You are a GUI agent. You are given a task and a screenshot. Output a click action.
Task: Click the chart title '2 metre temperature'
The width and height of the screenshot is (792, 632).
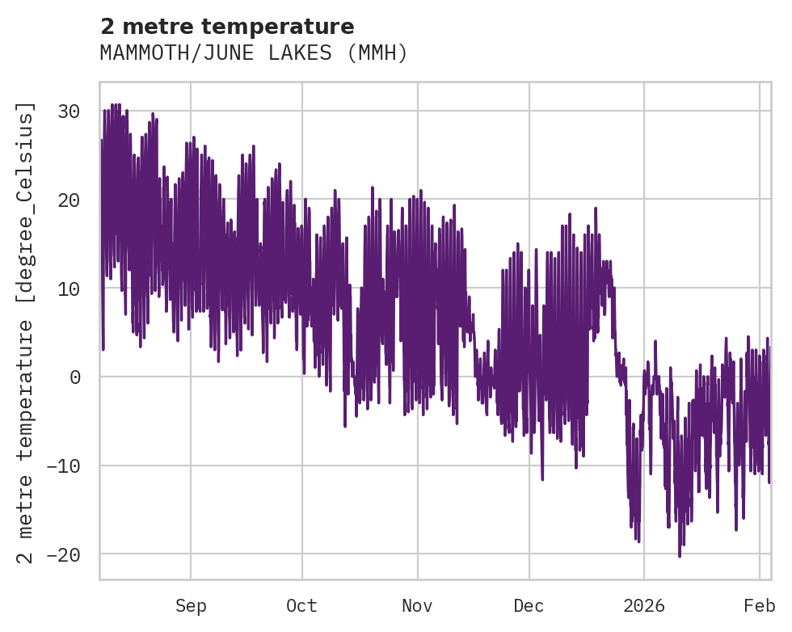pyautogui.click(x=227, y=27)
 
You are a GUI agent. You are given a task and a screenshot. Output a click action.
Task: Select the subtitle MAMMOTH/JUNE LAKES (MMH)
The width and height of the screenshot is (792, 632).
pyautogui.click(x=254, y=53)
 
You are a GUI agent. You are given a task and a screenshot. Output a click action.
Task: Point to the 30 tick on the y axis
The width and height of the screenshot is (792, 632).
pyautogui.click(x=69, y=111)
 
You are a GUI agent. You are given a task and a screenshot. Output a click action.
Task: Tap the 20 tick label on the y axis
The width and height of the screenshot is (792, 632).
pyautogui.click(x=69, y=200)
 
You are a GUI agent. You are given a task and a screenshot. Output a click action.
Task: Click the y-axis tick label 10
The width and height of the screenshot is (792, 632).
pyautogui.click(x=69, y=289)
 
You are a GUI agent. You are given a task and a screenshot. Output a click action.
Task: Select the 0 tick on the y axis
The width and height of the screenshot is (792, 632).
pyautogui.click(x=74, y=377)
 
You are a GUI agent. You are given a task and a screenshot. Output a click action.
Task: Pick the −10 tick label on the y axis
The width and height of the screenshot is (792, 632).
pyautogui.click(x=64, y=466)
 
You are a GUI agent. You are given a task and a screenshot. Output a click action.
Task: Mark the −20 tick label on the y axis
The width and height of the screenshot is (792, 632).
pyautogui.click(x=64, y=554)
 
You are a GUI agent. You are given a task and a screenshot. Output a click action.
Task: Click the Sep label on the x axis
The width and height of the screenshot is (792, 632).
pyautogui.click(x=191, y=606)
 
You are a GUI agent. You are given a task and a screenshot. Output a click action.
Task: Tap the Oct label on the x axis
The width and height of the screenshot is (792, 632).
pyautogui.click(x=301, y=606)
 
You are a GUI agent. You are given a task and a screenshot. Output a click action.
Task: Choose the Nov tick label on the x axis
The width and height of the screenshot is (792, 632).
pyautogui.click(x=417, y=606)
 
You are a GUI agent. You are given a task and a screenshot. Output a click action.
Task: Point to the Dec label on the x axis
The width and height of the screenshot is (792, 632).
pyautogui.click(x=529, y=606)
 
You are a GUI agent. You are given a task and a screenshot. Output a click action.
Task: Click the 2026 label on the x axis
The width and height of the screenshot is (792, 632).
pyautogui.click(x=644, y=606)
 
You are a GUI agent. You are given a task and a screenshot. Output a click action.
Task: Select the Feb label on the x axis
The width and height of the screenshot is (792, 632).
pyautogui.click(x=760, y=606)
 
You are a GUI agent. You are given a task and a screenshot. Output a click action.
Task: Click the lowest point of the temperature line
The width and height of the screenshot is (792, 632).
pyautogui.click(x=680, y=556)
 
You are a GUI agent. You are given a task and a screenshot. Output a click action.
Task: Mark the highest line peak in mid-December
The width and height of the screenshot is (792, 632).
pyautogui.click(x=596, y=209)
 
